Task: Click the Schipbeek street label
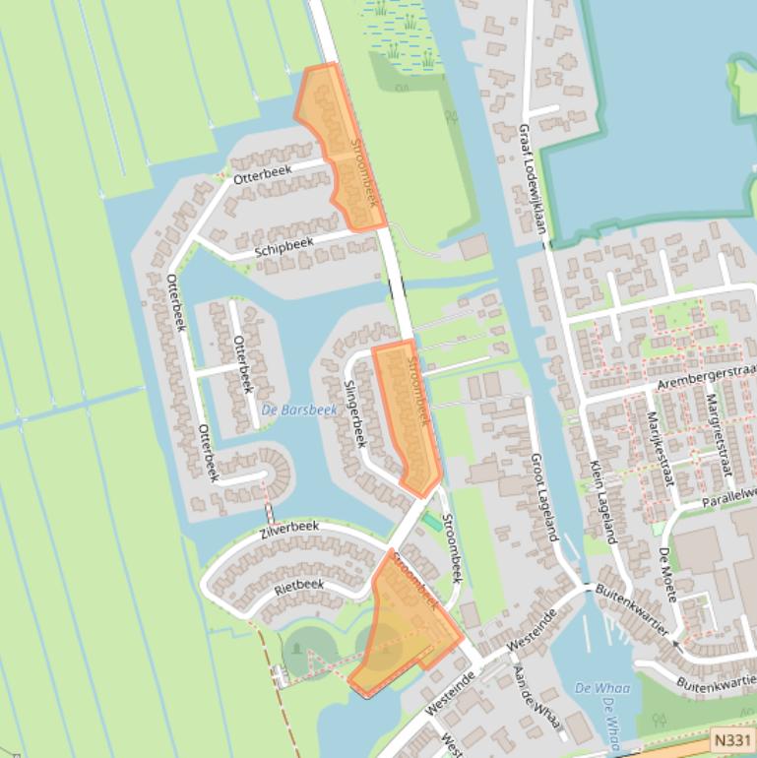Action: [x=284, y=246]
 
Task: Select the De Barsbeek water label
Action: [x=299, y=410]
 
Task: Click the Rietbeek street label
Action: [x=299, y=586]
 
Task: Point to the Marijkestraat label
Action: [x=659, y=447]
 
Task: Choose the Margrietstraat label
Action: [x=719, y=433]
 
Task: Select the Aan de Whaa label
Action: [x=536, y=700]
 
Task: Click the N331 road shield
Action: [x=731, y=739]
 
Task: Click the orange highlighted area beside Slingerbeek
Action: [x=408, y=413]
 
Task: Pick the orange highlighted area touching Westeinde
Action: [x=404, y=630]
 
